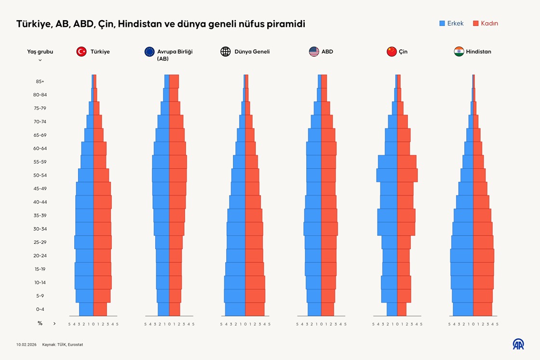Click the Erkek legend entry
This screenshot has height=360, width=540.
pyautogui.click(x=451, y=23)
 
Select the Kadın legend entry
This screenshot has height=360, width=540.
pyautogui.click(x=486, y=23)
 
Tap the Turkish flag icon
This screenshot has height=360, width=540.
pyautogui.click(x=81, y=52)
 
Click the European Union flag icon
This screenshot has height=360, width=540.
pyautogui.click(x=149, y=52)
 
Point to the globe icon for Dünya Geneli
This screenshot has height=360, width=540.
pyautogui.click(x=226, y=52)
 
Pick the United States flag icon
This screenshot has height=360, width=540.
pyautogui.click(x=314, y=52)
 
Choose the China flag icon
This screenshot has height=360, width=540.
pyautogui.click(x=391, y=52)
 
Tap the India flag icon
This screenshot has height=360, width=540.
pyautogui.click(x=459, y=52)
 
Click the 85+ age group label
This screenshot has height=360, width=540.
pyautogui.click(x=40, y=81)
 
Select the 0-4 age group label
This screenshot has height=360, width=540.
pyautogui.click(x=40, y=309)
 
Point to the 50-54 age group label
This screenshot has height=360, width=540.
pyautogui.click(x=40, y=175)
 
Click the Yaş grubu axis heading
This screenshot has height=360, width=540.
pyautogui.click(x=40, y=52)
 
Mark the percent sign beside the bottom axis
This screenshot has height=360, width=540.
pyautogui.click(x=40, y=323)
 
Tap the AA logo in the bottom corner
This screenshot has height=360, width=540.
pyautogui.click(x=518, y=344)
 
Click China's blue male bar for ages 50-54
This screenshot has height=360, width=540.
pyautogui.click(x=387, y=175)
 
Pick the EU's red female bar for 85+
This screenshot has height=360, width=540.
pyautogui.click(x=174, y=81)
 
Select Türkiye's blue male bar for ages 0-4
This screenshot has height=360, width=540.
pyautogui.click(x=86, y=309)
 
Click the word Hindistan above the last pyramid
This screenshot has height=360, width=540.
pyautogui.click(x=478, y=52)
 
